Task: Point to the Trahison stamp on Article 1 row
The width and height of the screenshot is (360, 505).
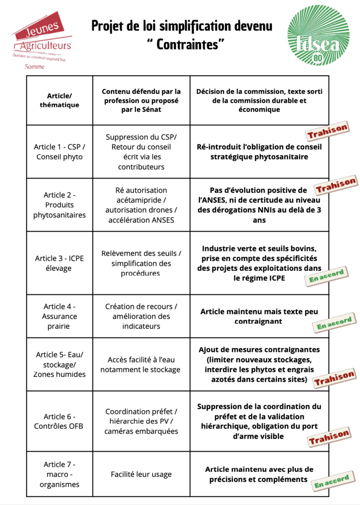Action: tap(327, 131)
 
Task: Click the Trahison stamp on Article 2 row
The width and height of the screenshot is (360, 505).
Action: tap(336, 185)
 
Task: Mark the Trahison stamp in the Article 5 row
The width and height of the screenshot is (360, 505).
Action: tap(334, 379)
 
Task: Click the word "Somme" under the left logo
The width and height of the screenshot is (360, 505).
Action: tap(35, 66)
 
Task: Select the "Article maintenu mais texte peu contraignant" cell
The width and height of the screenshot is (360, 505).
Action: tap(259, 316)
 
